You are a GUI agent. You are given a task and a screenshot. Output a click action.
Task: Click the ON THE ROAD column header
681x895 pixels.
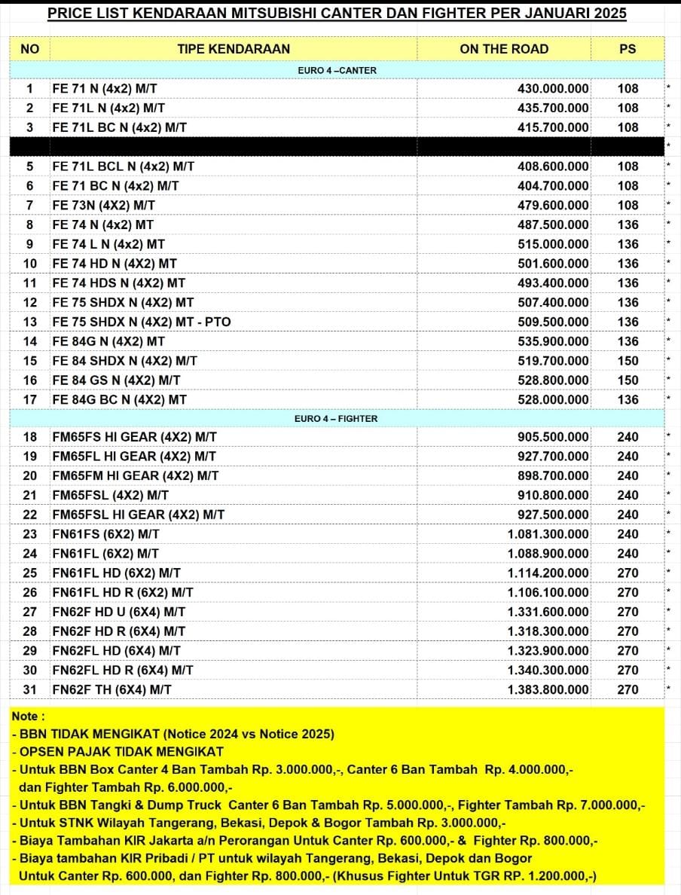click(504, 49)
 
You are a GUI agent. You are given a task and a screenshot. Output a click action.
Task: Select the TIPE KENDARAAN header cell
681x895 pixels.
click(234, 49)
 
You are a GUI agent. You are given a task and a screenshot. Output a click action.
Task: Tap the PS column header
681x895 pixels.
click(628, 49)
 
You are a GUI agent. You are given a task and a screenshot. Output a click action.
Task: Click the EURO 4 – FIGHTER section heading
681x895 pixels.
click(336, 418)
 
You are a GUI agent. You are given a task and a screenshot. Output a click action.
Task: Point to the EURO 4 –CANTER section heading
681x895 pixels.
click(337, 70)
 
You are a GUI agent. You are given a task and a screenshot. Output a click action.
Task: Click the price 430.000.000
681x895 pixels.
click(553, 88)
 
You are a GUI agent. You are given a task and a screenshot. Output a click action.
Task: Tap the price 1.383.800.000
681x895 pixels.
click(548, 689)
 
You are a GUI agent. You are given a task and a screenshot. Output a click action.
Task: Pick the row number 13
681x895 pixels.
click(30, 322)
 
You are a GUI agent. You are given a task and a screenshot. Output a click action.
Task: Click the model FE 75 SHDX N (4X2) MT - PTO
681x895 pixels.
click(142, 322)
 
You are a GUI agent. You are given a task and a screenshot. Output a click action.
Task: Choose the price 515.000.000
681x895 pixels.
click(553, 244)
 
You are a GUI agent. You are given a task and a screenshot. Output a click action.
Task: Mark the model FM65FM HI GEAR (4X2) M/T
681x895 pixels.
click(136, 475)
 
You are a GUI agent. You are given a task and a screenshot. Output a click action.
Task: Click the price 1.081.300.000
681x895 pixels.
click(548, 534)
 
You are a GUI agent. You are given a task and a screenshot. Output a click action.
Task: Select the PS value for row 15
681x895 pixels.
click(628, 361)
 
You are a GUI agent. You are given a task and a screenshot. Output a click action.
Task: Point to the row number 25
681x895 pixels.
click(30, 573)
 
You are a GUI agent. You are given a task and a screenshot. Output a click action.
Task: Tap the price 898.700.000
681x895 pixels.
click(553, 475)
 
